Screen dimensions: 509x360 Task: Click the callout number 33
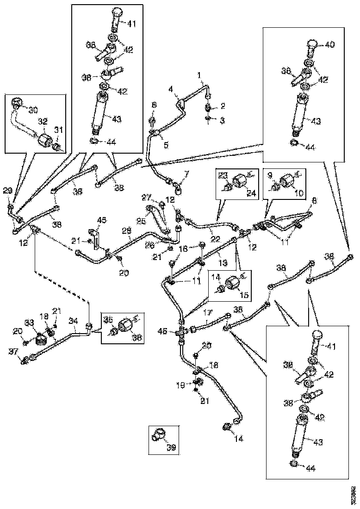[29, 323]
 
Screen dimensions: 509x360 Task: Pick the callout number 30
[33, 110]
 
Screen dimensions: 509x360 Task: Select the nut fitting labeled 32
[45, 138]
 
